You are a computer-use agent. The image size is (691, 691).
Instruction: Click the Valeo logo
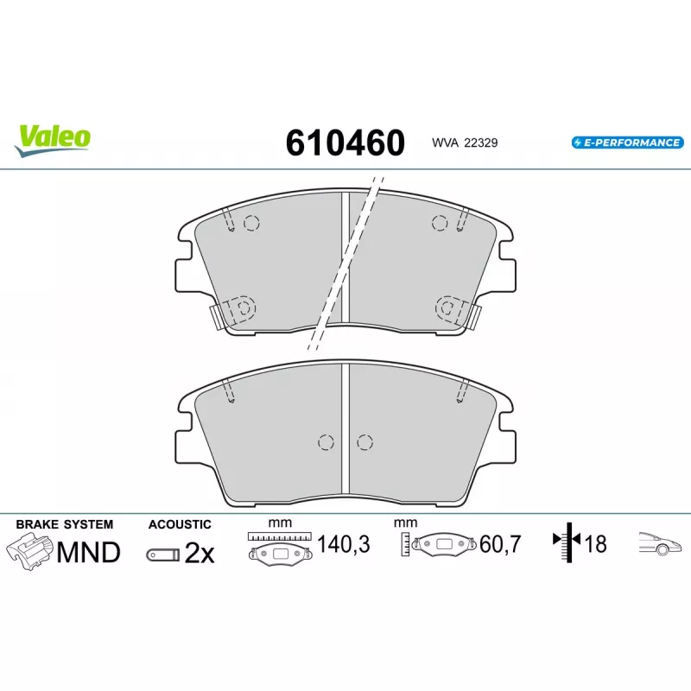click(53, 140)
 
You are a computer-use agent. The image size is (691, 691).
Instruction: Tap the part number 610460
click(345, 143)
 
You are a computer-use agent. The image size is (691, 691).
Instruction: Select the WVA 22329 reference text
click(465, 143)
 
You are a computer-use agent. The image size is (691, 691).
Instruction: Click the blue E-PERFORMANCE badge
click(628, 143)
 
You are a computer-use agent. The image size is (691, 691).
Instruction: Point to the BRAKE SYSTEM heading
click(64, 524)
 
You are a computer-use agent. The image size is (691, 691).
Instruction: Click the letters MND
click(89, 552)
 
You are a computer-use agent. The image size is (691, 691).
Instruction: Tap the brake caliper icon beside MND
click(29, 551)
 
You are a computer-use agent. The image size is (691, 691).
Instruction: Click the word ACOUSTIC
click(180, 524)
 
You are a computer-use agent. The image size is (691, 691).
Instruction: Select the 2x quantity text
click(200, 553)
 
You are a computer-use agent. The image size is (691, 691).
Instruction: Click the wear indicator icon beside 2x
click(163, 555)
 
